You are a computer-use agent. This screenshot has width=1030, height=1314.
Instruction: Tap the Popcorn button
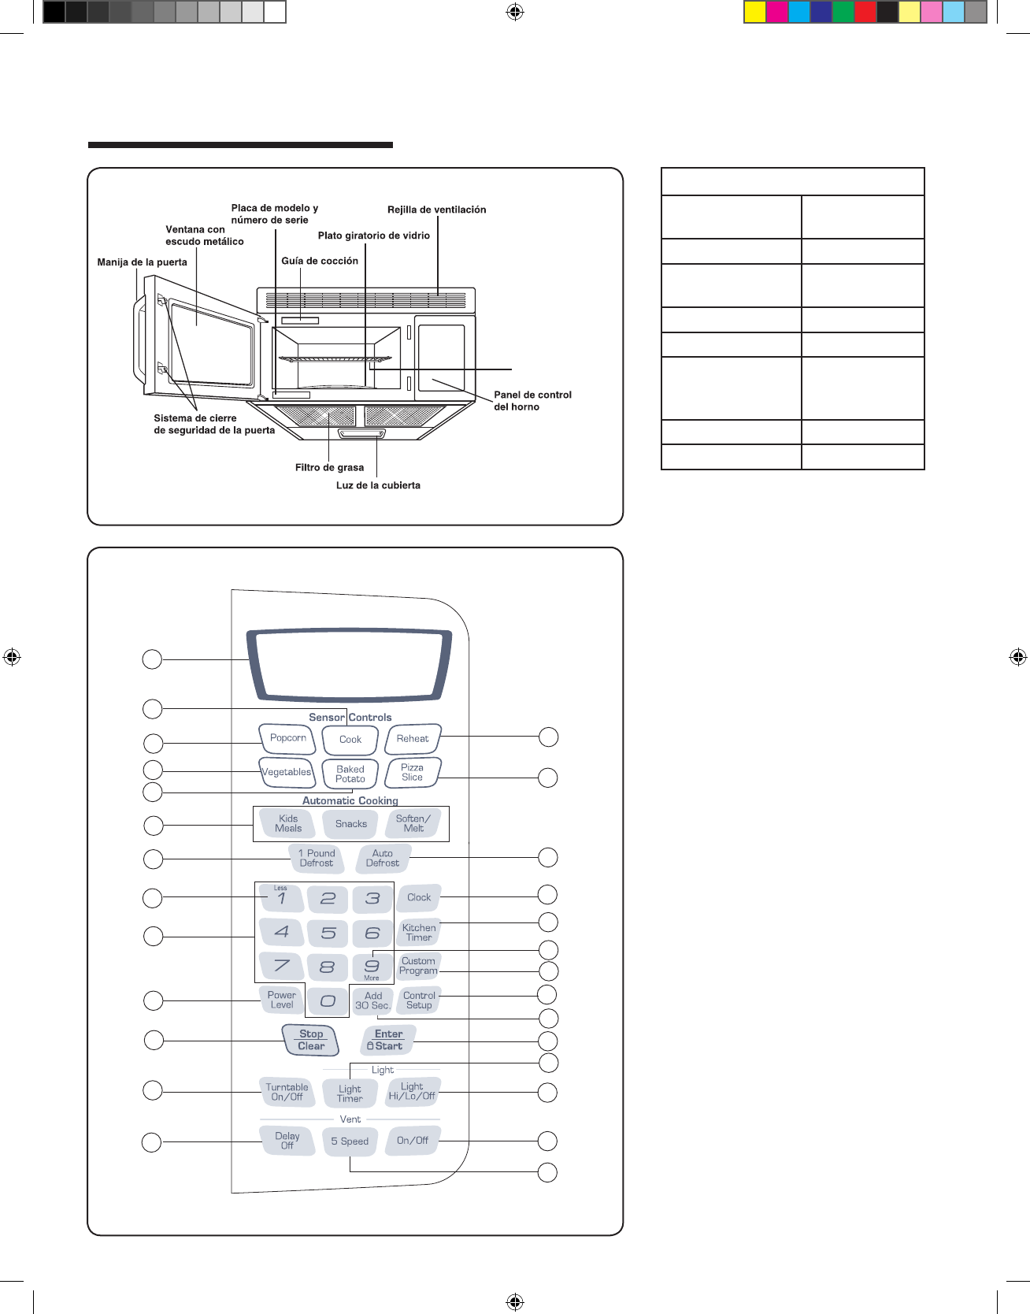pyautogui.click(x=287, y=739)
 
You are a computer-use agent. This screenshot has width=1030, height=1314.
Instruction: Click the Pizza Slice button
pyautogui.click(x=412, y=773)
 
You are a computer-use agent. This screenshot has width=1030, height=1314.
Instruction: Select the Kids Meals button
pyautogui.click(x=288, y=824)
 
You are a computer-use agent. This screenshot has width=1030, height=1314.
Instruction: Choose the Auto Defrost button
pyautogui.click(x=383, y=859)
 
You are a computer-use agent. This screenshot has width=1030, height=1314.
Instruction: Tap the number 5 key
pyautogui.click(x=328, y=934)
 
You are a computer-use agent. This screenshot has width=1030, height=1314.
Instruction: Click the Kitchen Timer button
pyautogui.click(x=419, y=933)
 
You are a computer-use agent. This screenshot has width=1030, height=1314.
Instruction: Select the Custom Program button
pyautogui.click(x=418, y=967)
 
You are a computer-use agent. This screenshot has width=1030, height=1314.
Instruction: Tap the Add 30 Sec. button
pyautogui.click(x=372, y=1001)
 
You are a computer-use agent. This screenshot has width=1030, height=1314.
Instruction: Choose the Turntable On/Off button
pyautogui.click(x=287, y=1093)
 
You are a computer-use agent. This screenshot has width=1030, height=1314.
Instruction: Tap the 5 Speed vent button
pyautogui.click(x=350, y=1141)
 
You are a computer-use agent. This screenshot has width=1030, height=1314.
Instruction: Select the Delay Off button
pyautogui.click(x=287, y=1141)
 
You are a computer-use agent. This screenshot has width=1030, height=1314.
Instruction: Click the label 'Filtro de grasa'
pyautogui.click(x=329, y=468)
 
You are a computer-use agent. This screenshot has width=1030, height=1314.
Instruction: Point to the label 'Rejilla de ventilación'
pyautogui.click(x=436, y=210)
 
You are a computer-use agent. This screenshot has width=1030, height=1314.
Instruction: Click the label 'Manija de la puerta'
pyautogui.click(x=142, y=262)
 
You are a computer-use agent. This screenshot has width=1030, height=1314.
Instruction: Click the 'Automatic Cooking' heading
pyautogui.click(x=350, y=801)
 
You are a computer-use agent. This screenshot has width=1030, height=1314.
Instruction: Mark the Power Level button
pyautogui.click(x=281, y=1000)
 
